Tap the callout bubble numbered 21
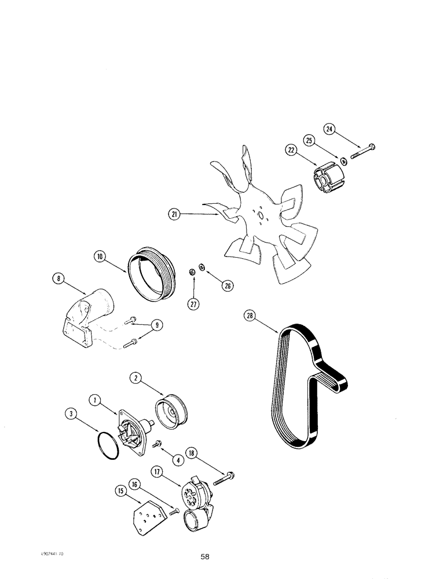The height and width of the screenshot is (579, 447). point(173,214)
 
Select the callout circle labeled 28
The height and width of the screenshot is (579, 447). point(250,316)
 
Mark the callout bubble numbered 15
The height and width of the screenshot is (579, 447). point(121,491)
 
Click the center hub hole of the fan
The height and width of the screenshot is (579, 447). point(260,218)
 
